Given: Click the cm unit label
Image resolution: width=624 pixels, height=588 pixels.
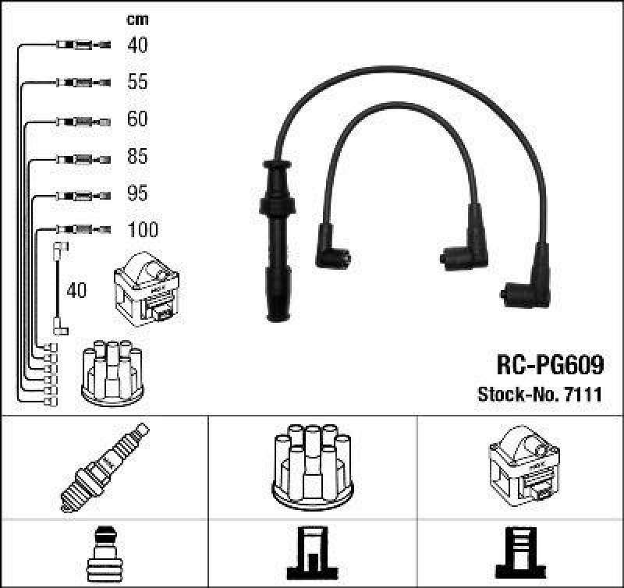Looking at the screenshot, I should point(137,19).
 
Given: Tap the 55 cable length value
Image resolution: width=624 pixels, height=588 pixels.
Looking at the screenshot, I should point(137,82).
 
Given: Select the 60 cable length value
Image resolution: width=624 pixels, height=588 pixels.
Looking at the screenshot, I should point(137,119).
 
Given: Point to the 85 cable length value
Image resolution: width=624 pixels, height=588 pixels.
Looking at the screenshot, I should point(137,157).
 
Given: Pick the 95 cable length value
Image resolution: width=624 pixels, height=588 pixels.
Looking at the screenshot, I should point(137,193).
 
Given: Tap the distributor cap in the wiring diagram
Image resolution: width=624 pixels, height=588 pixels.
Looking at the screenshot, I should point(113,373).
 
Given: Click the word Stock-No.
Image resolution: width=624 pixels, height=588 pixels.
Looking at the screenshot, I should point(515,395).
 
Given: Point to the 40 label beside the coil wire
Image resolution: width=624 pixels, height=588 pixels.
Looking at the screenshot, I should point(77,291).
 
